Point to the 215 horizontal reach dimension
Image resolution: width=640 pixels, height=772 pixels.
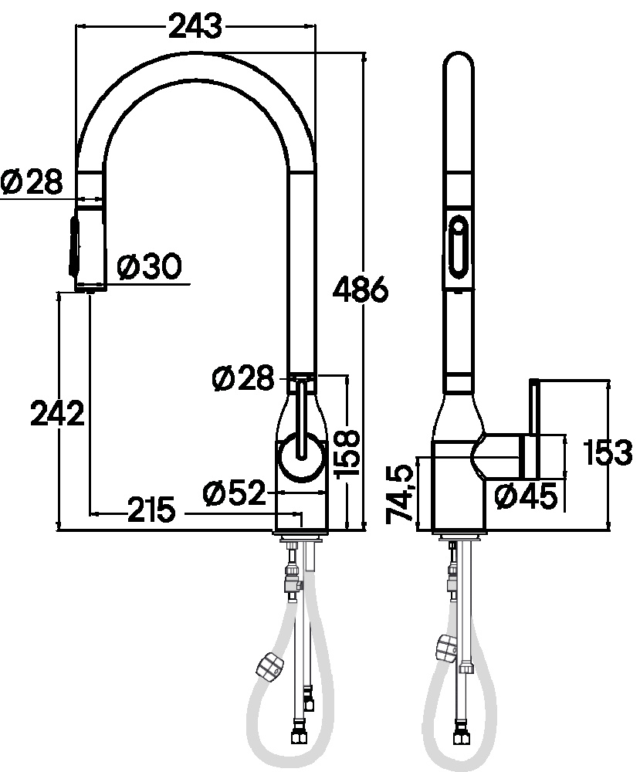point(151,510)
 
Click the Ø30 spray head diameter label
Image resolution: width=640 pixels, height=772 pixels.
point(150,266)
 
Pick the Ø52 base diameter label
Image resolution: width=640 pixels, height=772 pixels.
point(234,493)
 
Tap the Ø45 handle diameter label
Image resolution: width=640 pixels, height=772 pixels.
point(527,496)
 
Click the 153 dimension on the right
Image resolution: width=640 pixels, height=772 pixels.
point(608,452)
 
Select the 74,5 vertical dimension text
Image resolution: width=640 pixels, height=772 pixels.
point(399,493)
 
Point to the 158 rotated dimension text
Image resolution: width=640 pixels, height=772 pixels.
point(347,453)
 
